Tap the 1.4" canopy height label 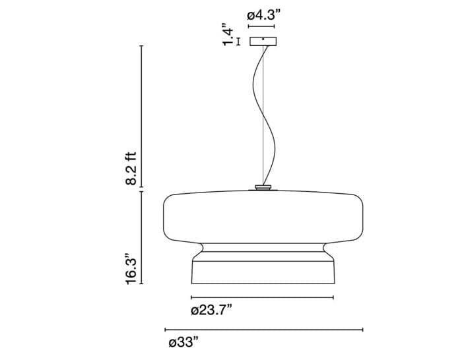[x=228, y=34]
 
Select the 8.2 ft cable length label [x=131, y=168]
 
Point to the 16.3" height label [x=131, y=268]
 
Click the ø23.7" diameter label [x=211, y=311]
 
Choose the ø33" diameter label [x=184, y=343]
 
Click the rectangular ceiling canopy [x=263, y=42]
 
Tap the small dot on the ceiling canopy [x=263, y=39]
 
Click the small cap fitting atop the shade [x=263, y=187]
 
